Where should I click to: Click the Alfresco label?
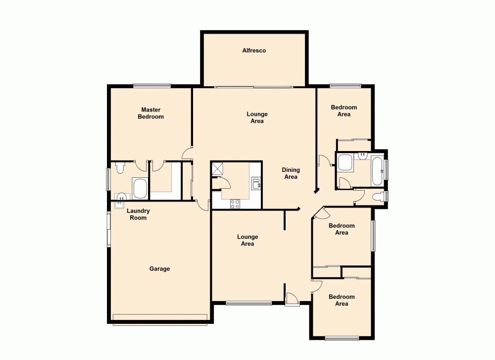(x=254, y=51)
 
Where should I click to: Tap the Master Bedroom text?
(x=151, y=113)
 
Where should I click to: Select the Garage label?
(x=159, y=269)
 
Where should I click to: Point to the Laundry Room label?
(x=138, y=214)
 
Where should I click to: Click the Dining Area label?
(x=291, y=173)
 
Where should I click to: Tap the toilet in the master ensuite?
(x=119, y=168)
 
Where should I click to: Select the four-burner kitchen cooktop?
(x=234, y=203)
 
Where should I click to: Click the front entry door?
(x=292, y=299)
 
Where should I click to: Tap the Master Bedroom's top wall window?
(x=152, y=86)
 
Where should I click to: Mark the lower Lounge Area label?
(x=247, y=240)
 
